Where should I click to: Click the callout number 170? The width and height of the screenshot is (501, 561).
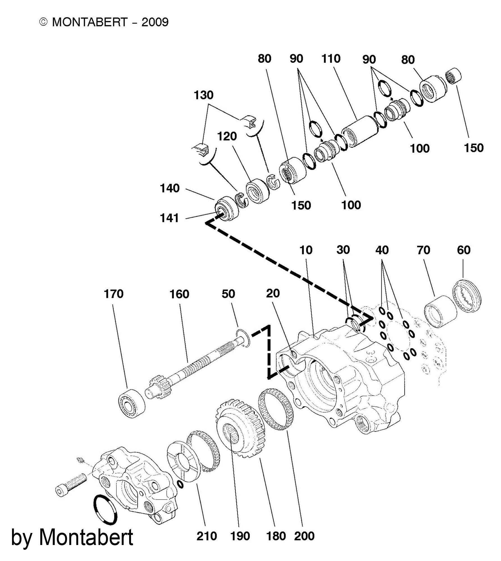tap(113, 294)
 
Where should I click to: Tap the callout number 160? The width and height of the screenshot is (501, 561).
tap(179, 294)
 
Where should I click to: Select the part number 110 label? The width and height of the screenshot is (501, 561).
tap(331, 59)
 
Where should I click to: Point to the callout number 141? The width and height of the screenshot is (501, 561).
tap(169, 218)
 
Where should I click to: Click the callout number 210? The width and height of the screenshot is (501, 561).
tap(207, 536)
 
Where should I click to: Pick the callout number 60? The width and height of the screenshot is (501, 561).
tap(464, 250)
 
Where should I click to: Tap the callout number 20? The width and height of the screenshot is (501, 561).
tap(273, 294)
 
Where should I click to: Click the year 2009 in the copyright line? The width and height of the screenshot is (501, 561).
tap(155, 22)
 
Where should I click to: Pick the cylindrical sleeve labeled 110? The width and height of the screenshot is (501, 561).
tap(360, 131)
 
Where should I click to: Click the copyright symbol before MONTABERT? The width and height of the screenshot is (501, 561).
tap(44, 22)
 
